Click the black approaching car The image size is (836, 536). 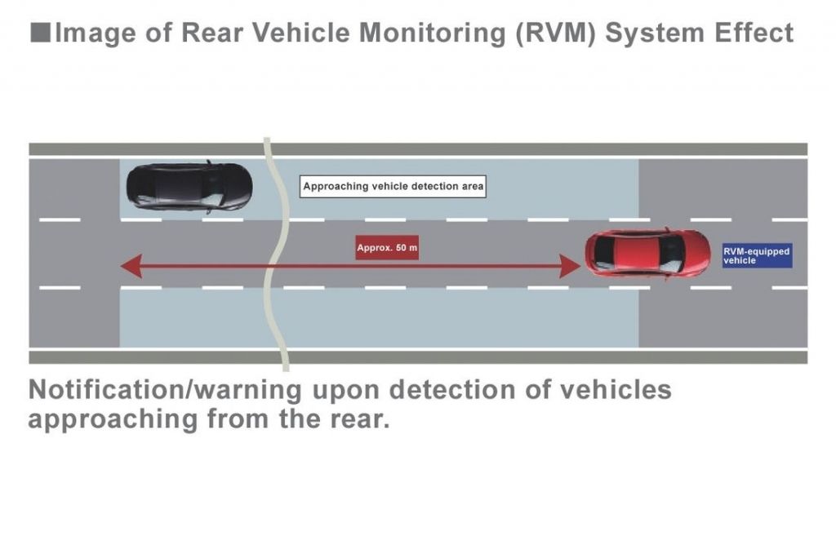189,187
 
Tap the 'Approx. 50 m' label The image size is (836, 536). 387,247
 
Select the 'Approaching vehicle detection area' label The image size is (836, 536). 393,186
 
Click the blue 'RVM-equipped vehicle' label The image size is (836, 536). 757,255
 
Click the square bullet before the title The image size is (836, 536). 39,33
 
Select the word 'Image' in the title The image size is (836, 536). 87,33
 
